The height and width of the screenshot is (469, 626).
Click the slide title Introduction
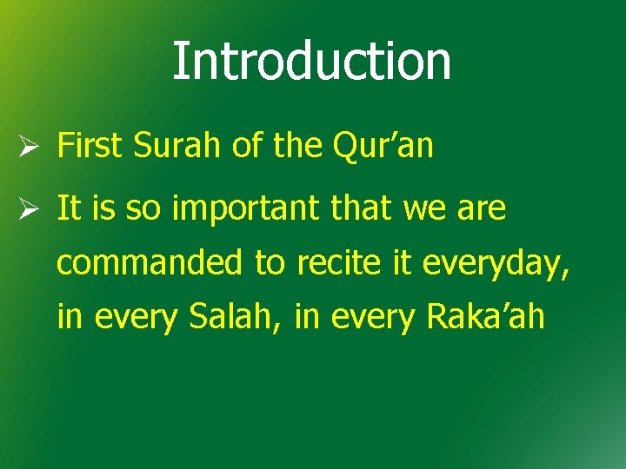point(312,61)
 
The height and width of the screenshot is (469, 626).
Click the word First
point(91,147)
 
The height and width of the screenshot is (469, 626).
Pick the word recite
point(328,263)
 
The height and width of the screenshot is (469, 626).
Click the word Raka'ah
point(485,318)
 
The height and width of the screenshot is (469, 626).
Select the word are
point(483,209)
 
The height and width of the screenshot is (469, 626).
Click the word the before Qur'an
point(296,147)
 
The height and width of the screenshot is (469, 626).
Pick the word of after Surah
point(248,147)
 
